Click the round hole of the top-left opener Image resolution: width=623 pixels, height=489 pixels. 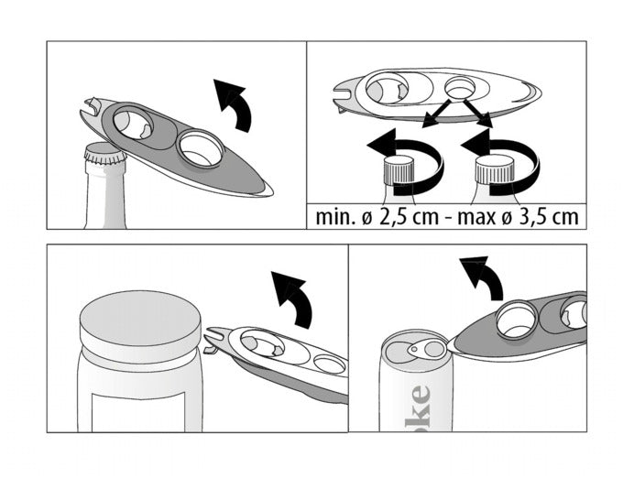(x=200, y=149)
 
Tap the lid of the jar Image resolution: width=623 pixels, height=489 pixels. (x=139, y=324)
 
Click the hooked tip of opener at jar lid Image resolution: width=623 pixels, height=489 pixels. (x=212, y=344)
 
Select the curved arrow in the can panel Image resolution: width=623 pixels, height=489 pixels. (x=483, y=277)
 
